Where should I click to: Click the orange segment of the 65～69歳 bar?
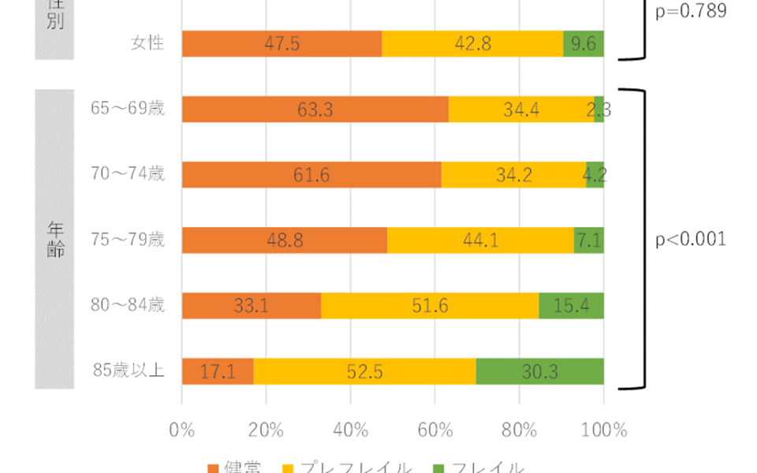pos(315,110)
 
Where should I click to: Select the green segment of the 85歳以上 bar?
pos(539,371)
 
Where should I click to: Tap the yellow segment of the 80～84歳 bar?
pos(430,305)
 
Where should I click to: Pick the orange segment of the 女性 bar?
pos(282,44)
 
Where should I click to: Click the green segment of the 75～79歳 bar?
pos(588,240)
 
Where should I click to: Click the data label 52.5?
pos(364,371)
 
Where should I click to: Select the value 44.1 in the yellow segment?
pos(480,240)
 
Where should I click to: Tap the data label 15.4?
pos(571,305)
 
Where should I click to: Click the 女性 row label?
pos(147,44)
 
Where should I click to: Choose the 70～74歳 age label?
pos(128,173)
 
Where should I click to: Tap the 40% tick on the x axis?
pos(351,430)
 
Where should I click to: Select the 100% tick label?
pos(603,430)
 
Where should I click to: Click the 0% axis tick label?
pos(182,430)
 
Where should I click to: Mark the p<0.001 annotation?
pos(691,240)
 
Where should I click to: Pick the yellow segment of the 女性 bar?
pos(472,44)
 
